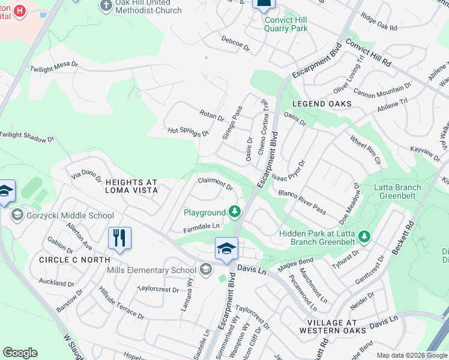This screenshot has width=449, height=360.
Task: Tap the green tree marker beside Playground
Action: pos(235,212)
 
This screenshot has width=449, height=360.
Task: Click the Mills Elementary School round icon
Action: pos(206,270)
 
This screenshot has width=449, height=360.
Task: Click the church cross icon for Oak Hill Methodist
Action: pos(106,5)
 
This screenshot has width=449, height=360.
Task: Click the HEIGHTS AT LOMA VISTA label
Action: pos(131,185)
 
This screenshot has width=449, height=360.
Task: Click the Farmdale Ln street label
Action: pos(202,227)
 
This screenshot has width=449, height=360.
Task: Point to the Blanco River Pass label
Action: pos(302,202)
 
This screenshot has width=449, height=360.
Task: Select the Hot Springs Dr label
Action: pos(188,131)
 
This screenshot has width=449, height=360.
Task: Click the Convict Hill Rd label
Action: pos(369,53)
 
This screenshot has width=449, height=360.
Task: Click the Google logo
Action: pos(20,353)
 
